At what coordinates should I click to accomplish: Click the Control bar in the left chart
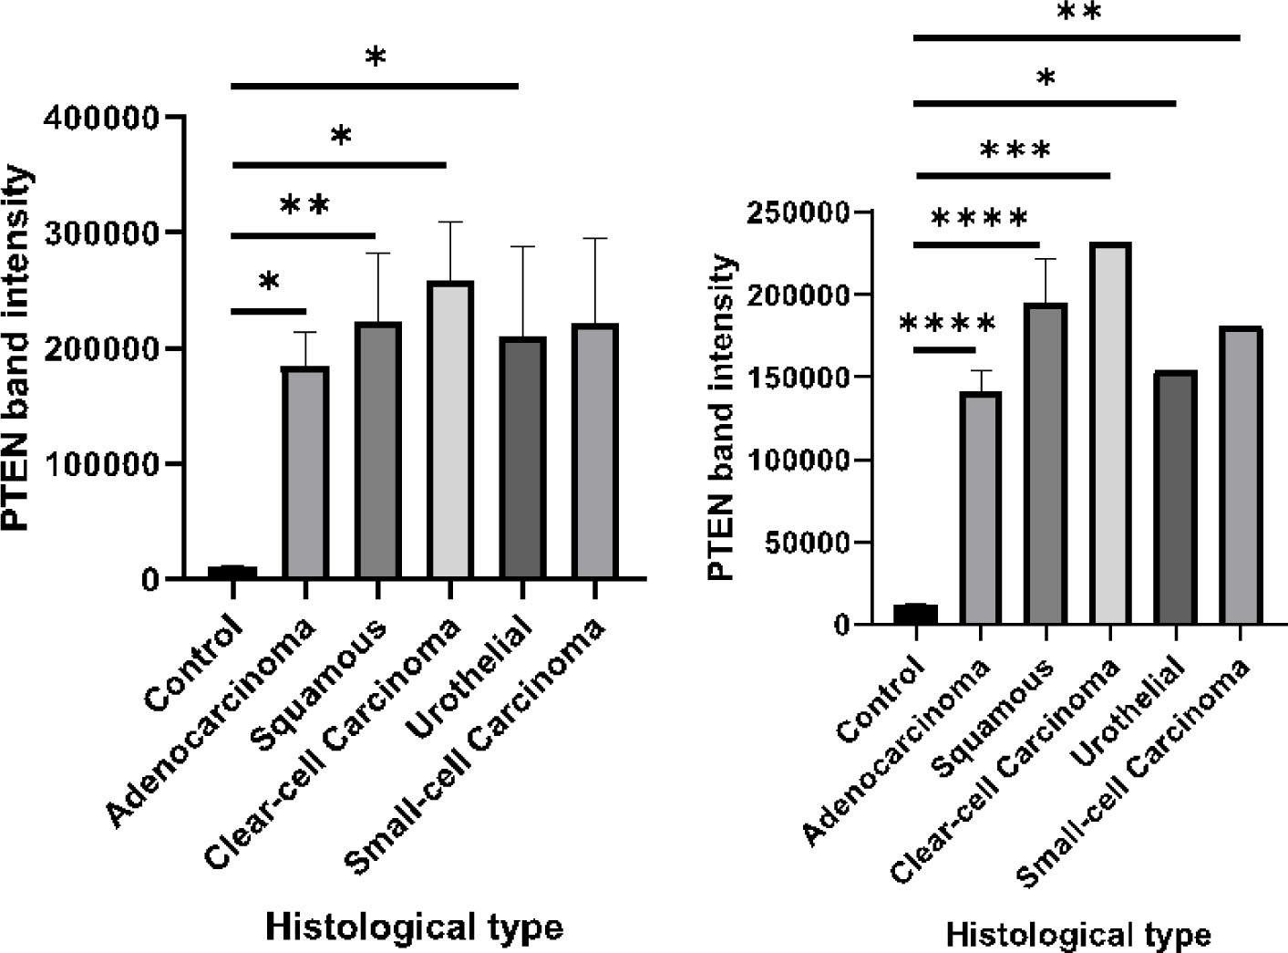(x=232, y=572)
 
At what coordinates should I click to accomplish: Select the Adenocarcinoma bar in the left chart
(x=305, y=472)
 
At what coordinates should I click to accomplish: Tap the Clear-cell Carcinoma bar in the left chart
(x=450, y=430)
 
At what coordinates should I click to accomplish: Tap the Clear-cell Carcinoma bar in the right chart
(x=1108, y=434)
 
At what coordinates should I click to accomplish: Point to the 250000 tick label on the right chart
(x=798, y=213)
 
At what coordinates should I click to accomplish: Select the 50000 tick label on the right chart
(x=806, y=544)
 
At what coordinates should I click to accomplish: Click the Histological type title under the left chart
(x=414, y=927)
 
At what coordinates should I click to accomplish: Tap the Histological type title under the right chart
(x=1077, y=936)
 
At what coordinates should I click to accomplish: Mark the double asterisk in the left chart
(x=304, y=205)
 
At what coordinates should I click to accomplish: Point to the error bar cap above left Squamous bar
(x=377, y=254)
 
